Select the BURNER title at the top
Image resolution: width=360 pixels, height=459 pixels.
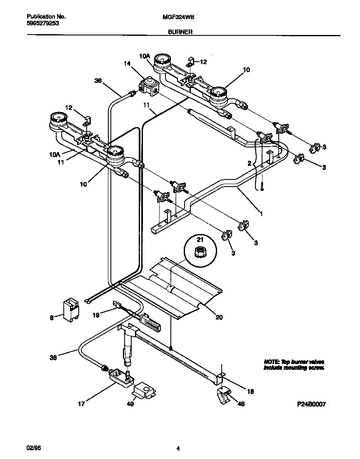tap(180, 32)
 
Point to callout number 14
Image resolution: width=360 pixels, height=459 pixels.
tap(127, 63)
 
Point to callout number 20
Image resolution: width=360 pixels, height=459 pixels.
tap(219, 317)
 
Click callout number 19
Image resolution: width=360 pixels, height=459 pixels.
tap(95, 316)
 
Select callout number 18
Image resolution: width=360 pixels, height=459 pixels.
tap(250, 392)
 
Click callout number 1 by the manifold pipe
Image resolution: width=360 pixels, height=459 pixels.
tap(261, 214)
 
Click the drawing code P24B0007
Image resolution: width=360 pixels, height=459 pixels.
tap(310, 404)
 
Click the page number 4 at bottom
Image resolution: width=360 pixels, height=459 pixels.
tap(178, 449)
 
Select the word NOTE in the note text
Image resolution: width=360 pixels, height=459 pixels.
tap(271, 362)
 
